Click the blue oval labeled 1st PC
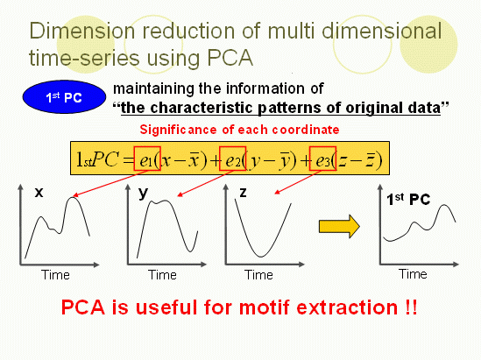(x=64, y=97)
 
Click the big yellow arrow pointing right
(x=339, y=226)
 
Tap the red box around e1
(x=147, y=159)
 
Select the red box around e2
(x=232, y=159)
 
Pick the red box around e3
(x=322, y=159)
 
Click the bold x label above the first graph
(x=39, y=193)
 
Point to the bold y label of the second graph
(x=144, y=194)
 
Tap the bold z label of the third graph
(x=243, y=193)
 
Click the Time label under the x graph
(x=55, y=275)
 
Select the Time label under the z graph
(x=258, y=275)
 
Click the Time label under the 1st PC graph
(x=413, y=274)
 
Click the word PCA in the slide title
(x=230, y=57)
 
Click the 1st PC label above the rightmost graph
(x=408, y=200)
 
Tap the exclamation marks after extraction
(x=412, y=307)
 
